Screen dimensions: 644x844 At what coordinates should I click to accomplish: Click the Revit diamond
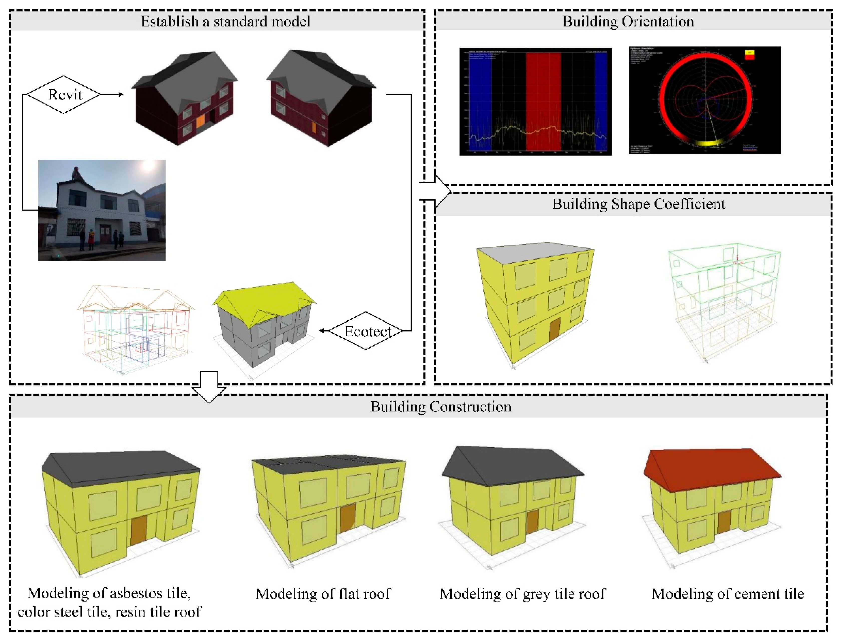click(64, 95)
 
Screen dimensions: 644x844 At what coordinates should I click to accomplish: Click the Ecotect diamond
click(366, 331)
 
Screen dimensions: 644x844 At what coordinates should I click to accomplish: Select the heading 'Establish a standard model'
click(226, 21)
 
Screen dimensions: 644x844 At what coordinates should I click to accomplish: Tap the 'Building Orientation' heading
click(628, 21)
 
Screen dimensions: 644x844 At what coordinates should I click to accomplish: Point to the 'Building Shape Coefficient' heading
click(638, 204)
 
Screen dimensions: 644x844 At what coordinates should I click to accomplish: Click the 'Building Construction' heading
click(440, 407)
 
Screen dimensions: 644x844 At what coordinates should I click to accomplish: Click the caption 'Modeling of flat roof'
click(323, 594)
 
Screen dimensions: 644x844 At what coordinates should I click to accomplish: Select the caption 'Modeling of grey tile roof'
click(523, 594)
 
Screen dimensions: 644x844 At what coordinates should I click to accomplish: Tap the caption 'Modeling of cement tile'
click(728, 594)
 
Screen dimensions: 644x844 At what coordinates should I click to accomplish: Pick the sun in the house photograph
click(147, 168)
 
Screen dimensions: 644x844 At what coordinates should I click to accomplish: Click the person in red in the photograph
click(91, 239)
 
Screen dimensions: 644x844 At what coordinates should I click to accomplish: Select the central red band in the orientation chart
click(543, 101)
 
